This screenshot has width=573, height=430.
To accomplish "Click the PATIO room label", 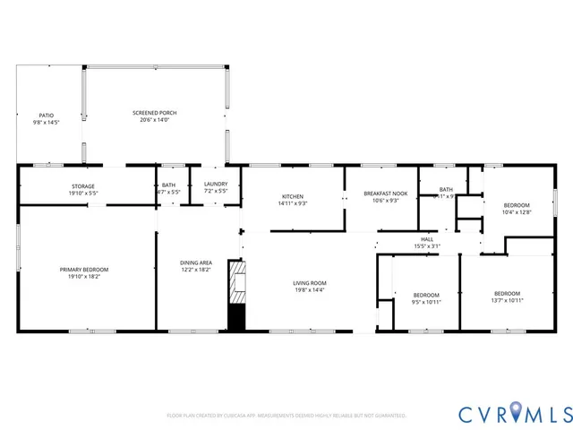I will [46, 116].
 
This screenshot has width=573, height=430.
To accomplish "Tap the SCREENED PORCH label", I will [154, 113].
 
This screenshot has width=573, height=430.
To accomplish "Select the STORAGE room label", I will [83, 185].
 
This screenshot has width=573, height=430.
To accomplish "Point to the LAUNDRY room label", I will [216, 185].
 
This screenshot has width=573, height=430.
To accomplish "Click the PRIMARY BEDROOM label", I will [84, 270].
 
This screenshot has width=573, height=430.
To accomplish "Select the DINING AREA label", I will [197, 262].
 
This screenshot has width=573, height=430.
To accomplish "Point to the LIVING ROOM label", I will [310, 283].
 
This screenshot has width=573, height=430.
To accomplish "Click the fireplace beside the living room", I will [236, 296].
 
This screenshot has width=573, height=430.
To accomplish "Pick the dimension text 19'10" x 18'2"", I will [84, 277].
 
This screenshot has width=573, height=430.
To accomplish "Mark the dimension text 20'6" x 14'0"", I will [154, 120].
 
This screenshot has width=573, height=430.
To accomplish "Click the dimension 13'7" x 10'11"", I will [508, 301].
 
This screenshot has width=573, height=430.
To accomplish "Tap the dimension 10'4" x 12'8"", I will [517, 212].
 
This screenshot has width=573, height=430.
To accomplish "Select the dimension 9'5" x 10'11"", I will [426, 302].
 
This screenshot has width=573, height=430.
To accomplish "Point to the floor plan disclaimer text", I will [286, 417].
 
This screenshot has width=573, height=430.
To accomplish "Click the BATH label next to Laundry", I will [168, 185].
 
